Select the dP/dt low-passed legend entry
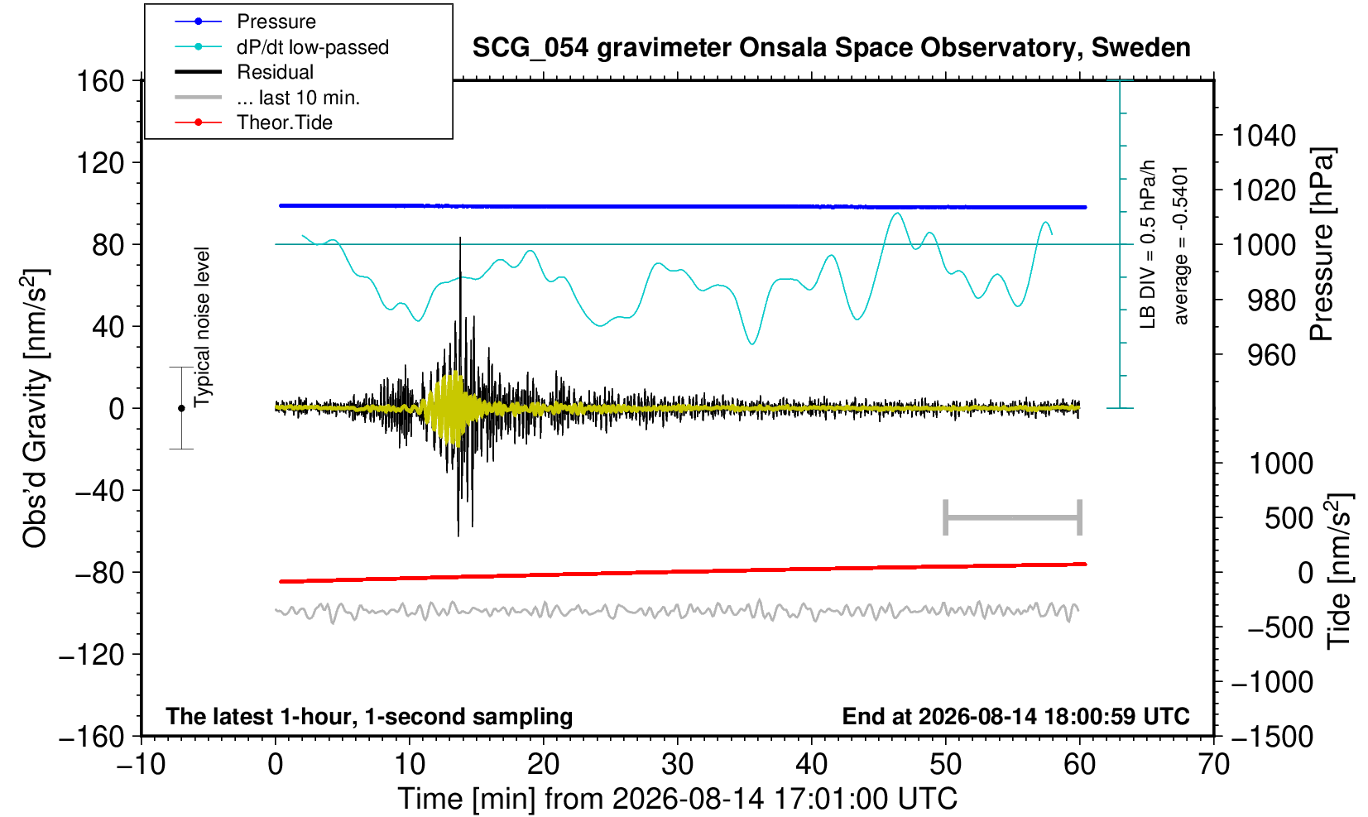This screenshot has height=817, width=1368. pyautogui.click(x=281, y=47)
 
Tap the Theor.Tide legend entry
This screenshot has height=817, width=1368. pyautogui.click(x=253, y=123)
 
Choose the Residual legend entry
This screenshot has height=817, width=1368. pyautogui.click(x=244, y=72)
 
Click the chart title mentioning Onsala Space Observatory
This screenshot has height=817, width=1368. pyautogui.click(x=831, y=47)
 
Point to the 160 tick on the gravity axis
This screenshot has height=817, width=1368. pyautogui.click(x=100, y=81)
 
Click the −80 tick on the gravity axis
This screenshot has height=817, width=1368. pyautogui.click(x=100, y=573)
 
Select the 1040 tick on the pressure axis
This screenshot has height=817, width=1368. pyautogui.click(x=1264, y=135)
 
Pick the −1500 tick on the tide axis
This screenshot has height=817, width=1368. pyautogui.click(x=1272, y=737)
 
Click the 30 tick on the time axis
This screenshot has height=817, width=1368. pyautogui.click(x=677, y=764)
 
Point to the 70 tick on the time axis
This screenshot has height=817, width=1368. pyautogui.click(x=1213, y=764)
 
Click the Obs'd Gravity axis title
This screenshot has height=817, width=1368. pyautogui.click(x=34, y=407)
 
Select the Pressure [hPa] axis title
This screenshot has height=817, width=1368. pyautogui.click(x=1322, y=244)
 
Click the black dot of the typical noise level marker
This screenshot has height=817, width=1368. pyautogui.click(x=181, y=408)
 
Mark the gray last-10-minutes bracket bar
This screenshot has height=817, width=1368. pyautogui.click(x=1013, y=517)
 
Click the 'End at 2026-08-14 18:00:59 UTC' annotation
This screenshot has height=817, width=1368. pyautogui.click(x=1015, y=716)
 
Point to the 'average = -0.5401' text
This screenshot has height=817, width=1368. pyautogui.click(x=1181, y=245)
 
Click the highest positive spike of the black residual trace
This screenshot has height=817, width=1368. pyautogui.click(x=460, y=238)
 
